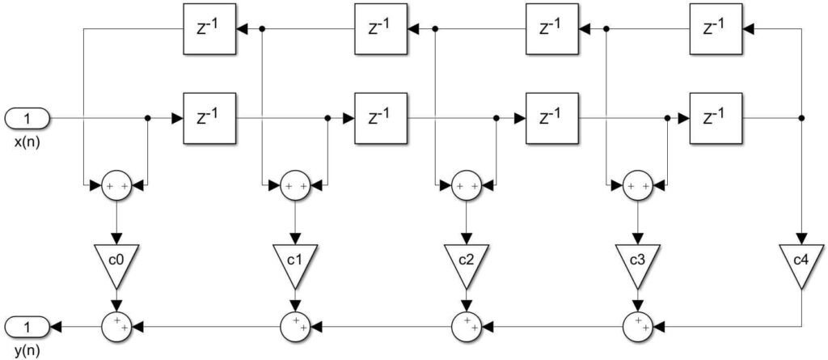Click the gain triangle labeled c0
click(116, 262)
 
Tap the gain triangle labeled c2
click(466, 262)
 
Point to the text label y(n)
click(24, 351)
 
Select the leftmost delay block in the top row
click(209, 29)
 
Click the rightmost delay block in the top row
click(714, 29)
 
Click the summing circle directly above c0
click(116, 186)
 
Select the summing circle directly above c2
click(466, 186)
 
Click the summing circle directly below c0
click(116, 326)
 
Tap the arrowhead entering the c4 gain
click(801, 235)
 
